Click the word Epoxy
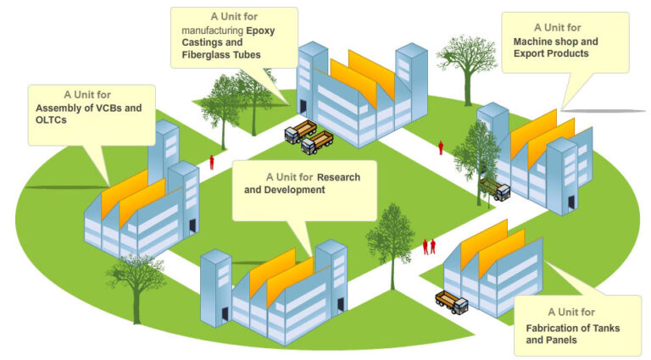260,30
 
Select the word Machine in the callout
530,42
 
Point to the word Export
527,53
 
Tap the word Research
338,178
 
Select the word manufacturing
213,30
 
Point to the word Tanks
606,329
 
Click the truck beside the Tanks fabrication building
452,302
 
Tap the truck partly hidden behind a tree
496,189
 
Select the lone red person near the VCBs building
212,162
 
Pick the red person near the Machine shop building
441,147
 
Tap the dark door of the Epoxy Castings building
303,108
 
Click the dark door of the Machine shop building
571,202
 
